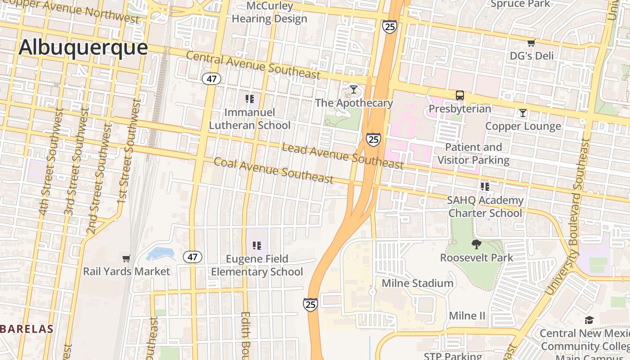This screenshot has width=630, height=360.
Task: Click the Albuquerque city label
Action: pos(83,47)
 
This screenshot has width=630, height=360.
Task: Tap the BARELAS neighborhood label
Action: pos(27,329)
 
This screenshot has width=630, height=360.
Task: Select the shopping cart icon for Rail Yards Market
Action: pos(126,258)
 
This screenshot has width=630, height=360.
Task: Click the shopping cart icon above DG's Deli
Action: pos(531,43)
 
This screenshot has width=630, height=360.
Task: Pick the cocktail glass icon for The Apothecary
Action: pos(354,90)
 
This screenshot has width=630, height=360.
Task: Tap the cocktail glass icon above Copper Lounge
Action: pos(522,113)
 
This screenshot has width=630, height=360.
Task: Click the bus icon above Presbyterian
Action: pos(459,95)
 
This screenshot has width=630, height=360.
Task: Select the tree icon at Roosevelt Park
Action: pos(476,244)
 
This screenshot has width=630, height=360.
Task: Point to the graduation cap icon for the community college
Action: pos(589,320)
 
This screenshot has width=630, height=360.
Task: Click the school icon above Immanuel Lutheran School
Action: pos(250,99)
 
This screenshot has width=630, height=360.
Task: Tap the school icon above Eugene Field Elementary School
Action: pos(257,246)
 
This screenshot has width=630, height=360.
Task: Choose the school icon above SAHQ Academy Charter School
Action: pos(485,186)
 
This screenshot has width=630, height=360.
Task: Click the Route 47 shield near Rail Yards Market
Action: pos(193,257)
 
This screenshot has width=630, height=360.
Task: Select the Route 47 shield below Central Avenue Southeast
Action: pos(211,79)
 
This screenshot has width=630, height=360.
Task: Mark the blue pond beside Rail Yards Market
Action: pos(161,254)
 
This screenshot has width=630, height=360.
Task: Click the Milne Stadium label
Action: pos(417,283)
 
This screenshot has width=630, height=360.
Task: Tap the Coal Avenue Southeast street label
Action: pos(274,171)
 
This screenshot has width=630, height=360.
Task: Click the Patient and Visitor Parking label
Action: pos(473,153)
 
